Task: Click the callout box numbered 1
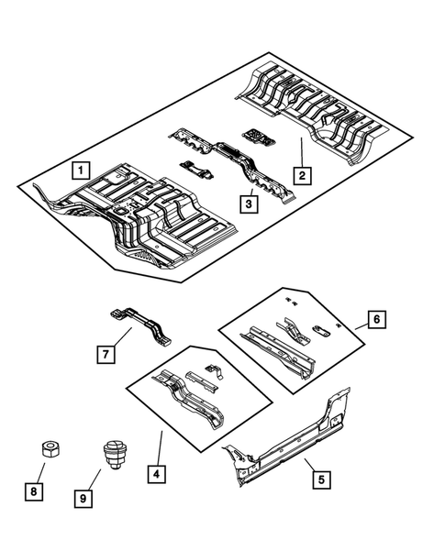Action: coord(82,170)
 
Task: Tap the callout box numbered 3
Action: coord(248,204)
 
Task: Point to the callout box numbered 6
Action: coord(377,319)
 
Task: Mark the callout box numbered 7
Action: coord(107,352)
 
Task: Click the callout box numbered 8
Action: coord(33,492)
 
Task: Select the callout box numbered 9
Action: coord(83,499)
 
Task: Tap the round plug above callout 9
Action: coord(111,455)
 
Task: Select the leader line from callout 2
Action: coord(300,150)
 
